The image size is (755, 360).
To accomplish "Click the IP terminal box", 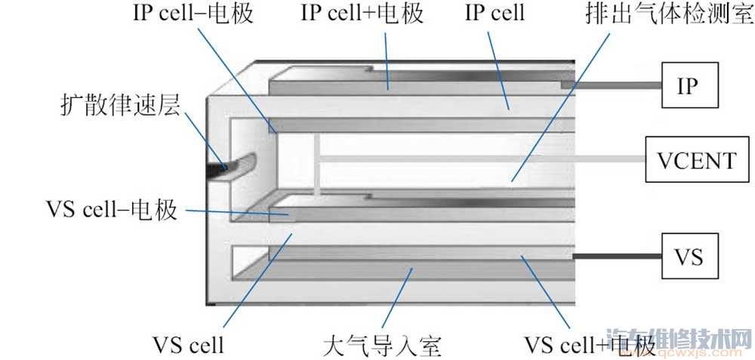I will (x=689, y=85).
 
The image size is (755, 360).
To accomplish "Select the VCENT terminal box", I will (x=692, y=160).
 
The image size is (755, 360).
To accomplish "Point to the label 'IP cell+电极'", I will (x=362, y=14).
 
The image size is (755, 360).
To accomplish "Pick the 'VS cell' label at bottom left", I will (x=188, y=345).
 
